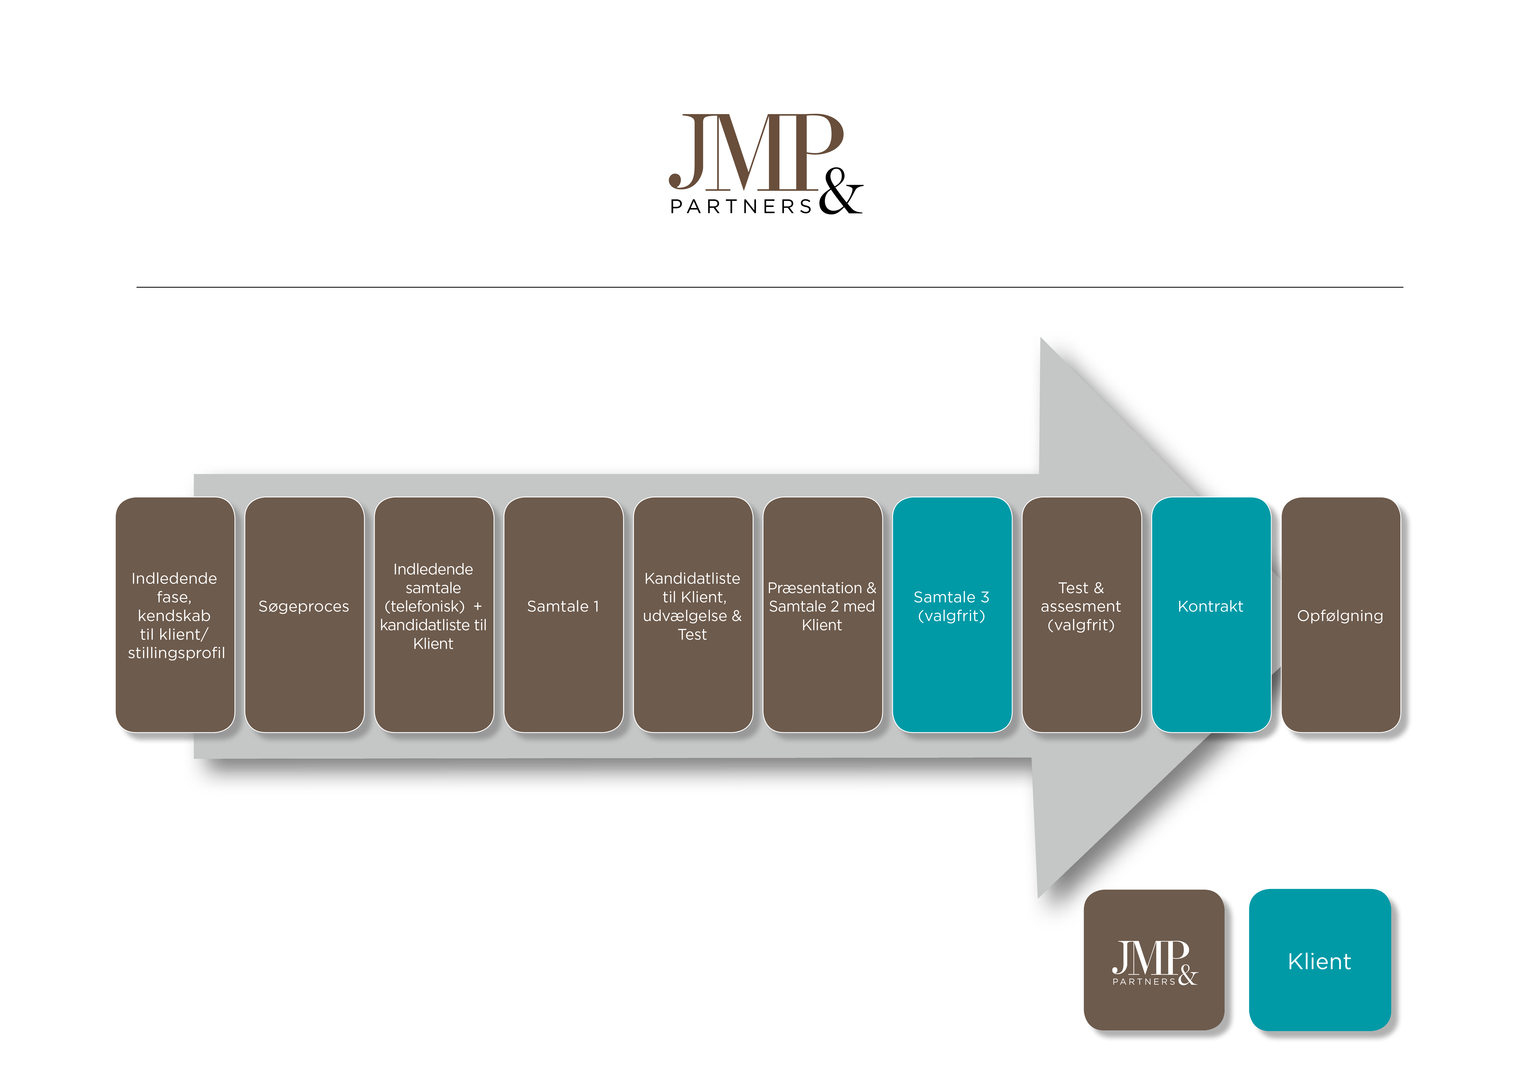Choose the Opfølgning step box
pos(1340,615)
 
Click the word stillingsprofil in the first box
pos(176,653)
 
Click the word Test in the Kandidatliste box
pos(692,635)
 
